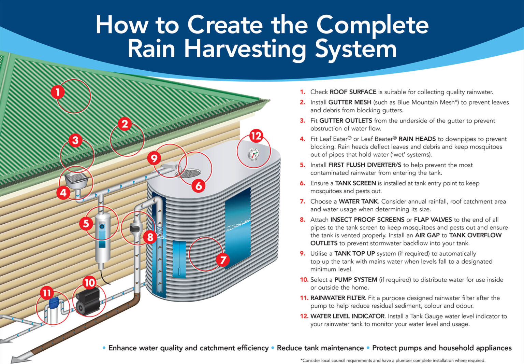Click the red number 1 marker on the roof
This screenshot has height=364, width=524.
[58, 92]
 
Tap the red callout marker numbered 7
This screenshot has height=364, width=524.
[223, 260]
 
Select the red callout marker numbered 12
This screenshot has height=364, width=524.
[256, 136]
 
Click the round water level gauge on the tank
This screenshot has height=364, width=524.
[253, 154]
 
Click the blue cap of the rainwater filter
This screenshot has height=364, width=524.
[54, 302]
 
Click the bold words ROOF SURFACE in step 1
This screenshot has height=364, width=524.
[353, 92]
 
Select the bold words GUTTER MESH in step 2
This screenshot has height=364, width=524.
[350, 102]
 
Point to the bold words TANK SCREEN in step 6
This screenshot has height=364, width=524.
[355, 183]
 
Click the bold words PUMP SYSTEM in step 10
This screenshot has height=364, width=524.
[355, 280]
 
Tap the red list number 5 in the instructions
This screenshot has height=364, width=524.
[303, 165]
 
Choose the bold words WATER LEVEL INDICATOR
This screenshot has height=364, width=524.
[347, 316]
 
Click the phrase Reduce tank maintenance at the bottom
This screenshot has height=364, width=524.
[320, 348]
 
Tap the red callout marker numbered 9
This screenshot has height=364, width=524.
[154, 158]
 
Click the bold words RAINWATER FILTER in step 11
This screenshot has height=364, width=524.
[337, 298]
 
